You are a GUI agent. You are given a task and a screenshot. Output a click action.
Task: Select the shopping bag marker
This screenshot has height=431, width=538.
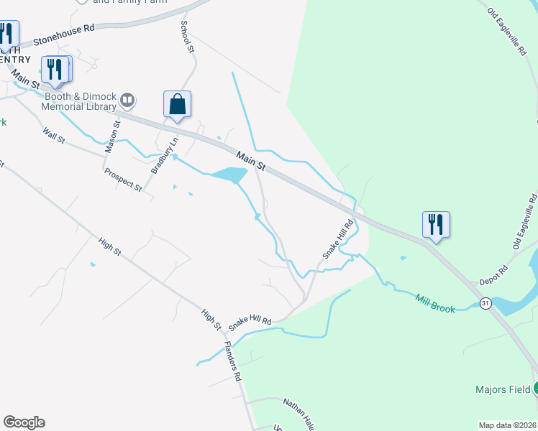click(x=177, y=105)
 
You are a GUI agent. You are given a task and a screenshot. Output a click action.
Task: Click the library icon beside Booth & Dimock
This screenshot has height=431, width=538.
click(x=127, y=100)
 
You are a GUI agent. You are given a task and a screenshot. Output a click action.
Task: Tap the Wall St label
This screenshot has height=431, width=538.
click(x=54, y=134)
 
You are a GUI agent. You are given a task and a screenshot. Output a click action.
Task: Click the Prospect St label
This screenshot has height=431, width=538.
click(x=123, y=179)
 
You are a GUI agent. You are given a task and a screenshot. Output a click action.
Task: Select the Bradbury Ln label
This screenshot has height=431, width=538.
click(x=162, y=158)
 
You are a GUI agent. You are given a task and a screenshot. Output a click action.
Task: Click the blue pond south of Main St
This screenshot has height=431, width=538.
click(x=229, y=175)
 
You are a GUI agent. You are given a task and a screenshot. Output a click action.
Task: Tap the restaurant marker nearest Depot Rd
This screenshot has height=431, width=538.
click(x=436, y=224)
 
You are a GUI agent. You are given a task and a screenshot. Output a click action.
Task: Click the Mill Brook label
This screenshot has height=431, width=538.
click(x=436, y=304)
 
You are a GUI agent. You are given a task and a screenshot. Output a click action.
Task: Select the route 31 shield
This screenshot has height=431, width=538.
click(x=486, y=304)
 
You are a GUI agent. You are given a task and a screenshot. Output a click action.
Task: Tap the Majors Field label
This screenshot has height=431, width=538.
click(x=502, y=390)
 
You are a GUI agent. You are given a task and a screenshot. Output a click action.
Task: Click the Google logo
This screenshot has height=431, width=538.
click(x=24, y=422)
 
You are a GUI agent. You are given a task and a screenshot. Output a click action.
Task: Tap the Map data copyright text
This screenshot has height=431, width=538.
click(x=506, y=425)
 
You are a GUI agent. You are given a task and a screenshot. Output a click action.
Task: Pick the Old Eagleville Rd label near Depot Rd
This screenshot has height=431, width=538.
click(x=524, y=222)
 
